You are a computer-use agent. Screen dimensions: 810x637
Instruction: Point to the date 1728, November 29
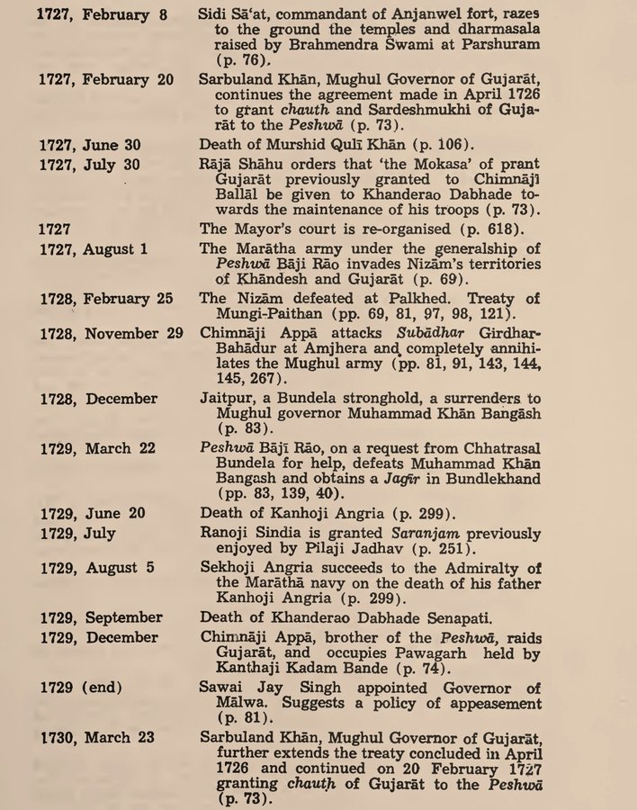tap(110, 334)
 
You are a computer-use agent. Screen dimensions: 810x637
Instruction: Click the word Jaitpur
tap(227, 398)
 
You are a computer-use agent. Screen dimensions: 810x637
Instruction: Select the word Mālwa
tap(226, 703)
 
